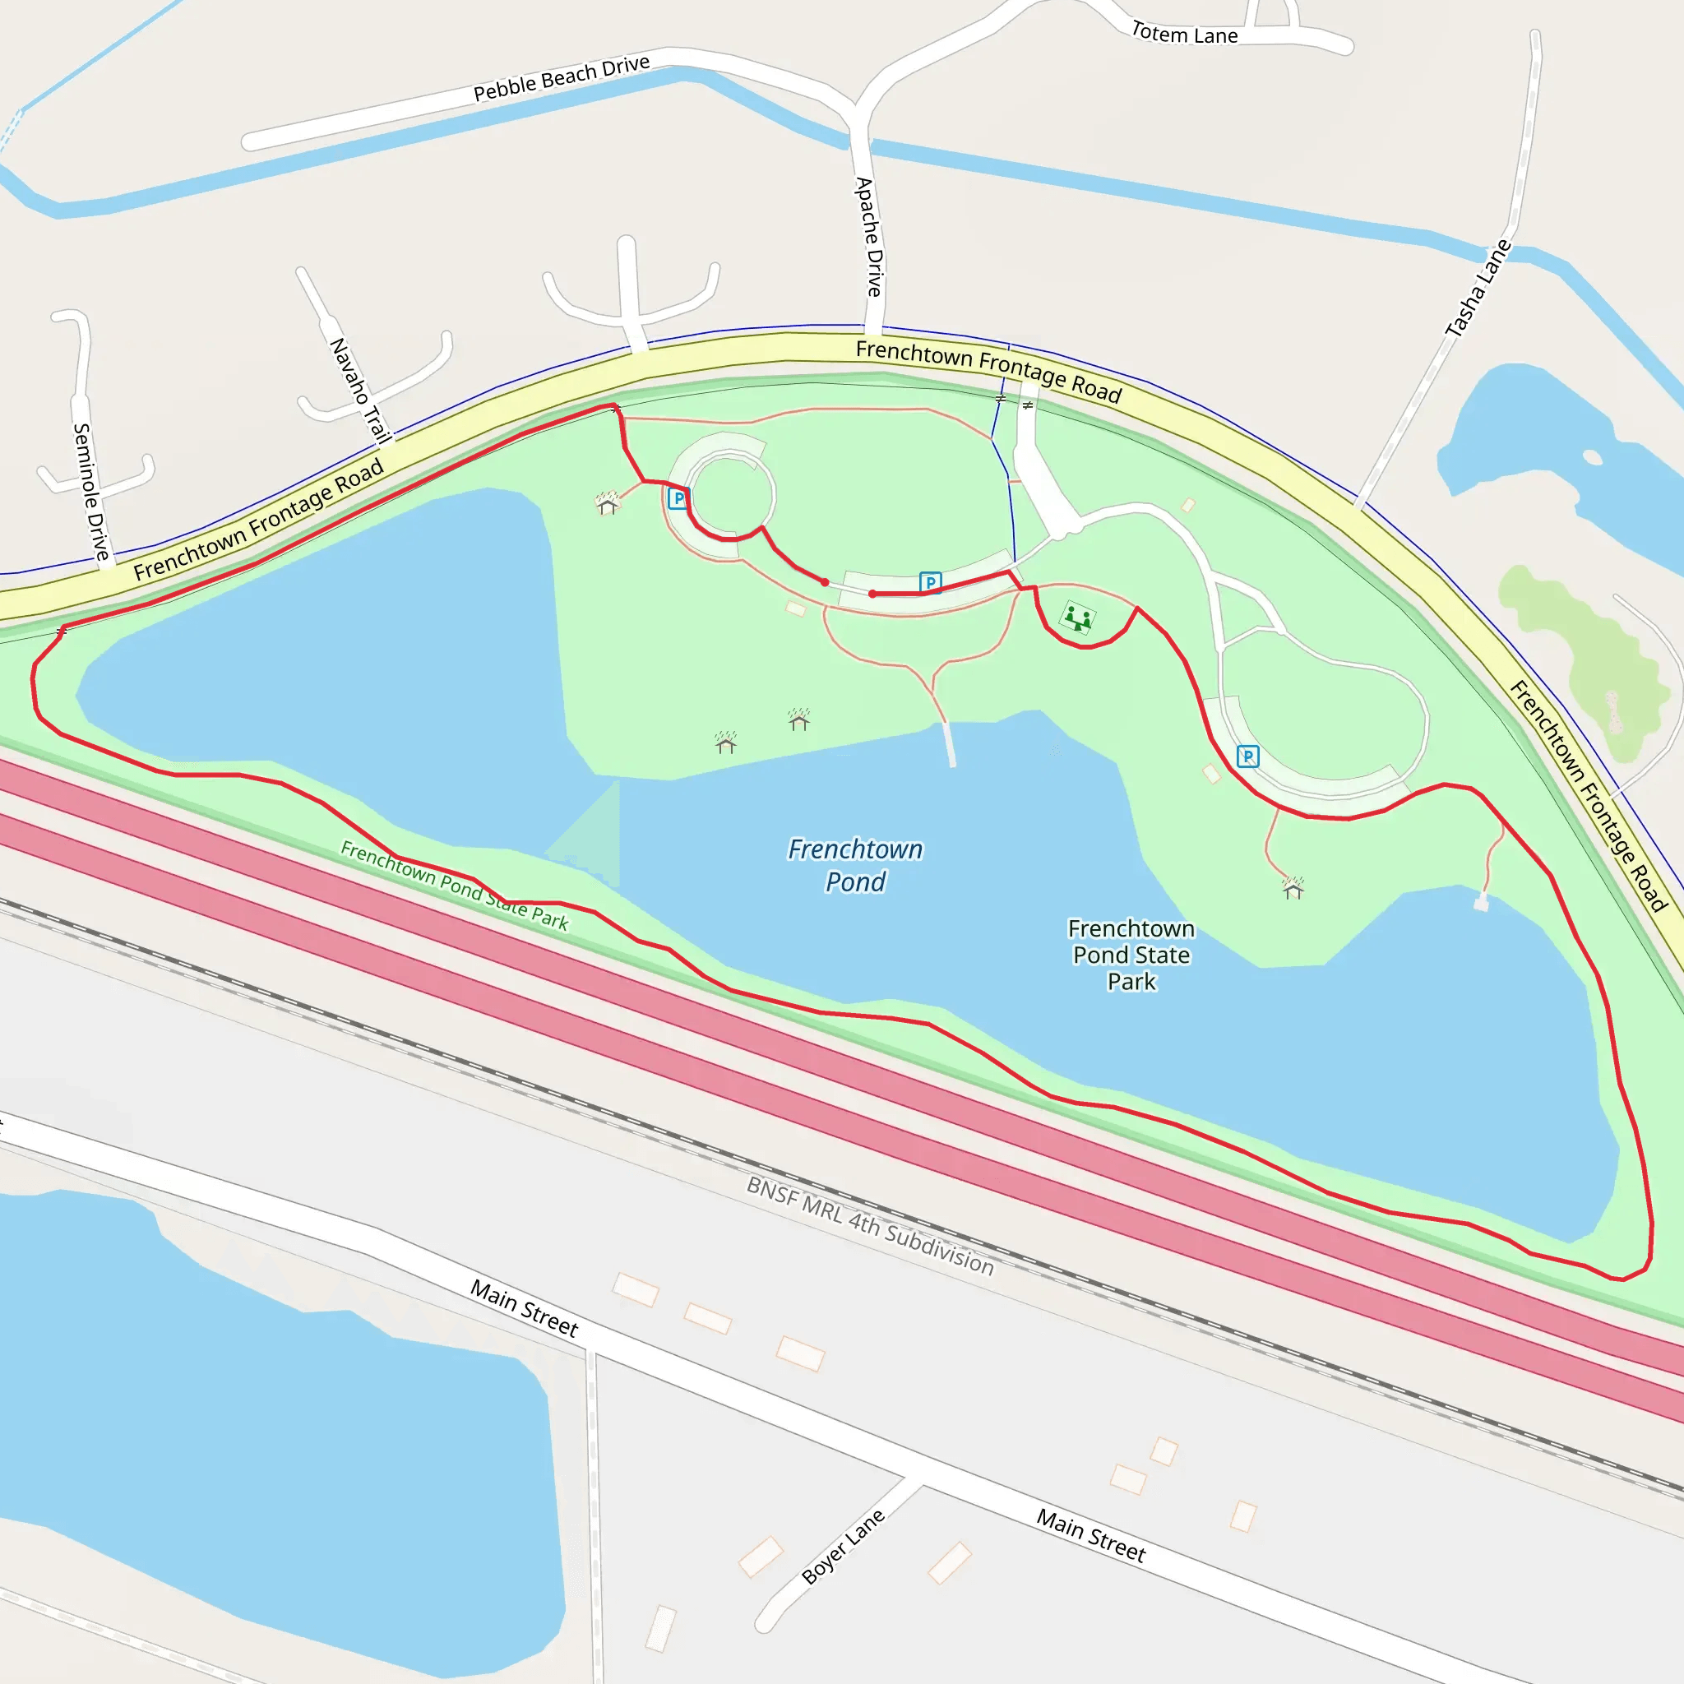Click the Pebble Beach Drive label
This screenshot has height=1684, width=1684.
562,78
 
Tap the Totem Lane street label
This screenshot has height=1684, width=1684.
1184,35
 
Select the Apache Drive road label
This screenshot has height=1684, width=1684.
869,237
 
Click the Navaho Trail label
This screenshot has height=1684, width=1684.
359,391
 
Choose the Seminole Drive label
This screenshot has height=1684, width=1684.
90,493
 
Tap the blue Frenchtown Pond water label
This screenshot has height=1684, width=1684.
855,866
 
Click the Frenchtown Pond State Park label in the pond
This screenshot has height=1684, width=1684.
1131,955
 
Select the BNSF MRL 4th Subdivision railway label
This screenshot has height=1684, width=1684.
870,1226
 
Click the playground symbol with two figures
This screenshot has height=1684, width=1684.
1078,619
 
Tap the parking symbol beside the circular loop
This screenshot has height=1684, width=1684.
678,498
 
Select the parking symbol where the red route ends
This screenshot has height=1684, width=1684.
930,582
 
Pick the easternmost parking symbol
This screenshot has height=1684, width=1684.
1247,756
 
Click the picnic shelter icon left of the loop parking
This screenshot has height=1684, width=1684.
608,504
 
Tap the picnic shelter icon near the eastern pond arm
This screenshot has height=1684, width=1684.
1293,888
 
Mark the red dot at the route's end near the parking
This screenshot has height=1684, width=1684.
872,594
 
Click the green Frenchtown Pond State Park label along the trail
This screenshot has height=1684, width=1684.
454,886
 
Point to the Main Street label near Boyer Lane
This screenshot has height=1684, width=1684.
1090,1535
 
